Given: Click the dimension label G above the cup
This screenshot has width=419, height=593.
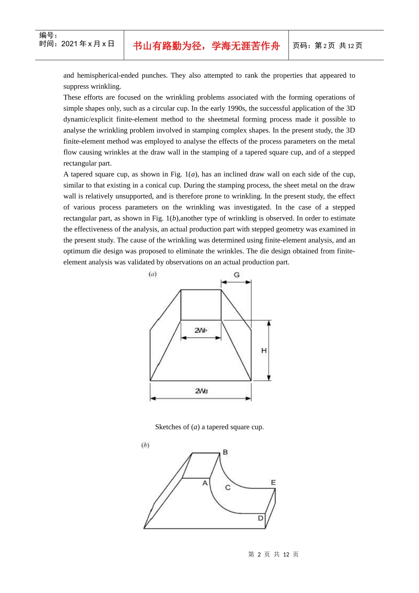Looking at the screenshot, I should (x=237, y=275).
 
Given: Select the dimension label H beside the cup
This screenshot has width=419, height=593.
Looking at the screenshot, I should (x=264, y=351).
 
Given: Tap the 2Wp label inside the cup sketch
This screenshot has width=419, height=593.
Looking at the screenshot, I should (x=201, y=330).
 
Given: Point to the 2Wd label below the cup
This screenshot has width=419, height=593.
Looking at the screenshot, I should (x=201, y=391).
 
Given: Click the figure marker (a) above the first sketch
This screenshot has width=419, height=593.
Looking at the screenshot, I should (x=153, y=274).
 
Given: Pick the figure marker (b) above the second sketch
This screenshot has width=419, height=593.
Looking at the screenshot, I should (x=145, y=445).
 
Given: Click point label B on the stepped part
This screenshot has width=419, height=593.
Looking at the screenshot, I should (x=225, y=452).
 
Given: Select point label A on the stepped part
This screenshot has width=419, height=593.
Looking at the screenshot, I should (x=205, y=483).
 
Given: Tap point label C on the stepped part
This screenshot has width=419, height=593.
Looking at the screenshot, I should (x=228, y=488).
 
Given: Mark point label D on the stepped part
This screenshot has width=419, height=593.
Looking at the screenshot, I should (x=260, y=518).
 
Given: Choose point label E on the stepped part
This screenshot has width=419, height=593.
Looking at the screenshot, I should (x=273, y=483).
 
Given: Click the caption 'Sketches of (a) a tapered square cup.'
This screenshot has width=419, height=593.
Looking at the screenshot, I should (x=209, y=427).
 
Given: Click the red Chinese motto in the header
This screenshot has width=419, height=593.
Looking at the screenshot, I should (x=206, y=46).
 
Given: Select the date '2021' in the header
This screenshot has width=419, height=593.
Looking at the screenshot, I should (x=69, y=44).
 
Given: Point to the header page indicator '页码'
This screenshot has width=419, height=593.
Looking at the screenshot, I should (x=302, y=46).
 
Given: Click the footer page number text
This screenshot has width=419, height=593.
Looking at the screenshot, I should (x=273, y=554).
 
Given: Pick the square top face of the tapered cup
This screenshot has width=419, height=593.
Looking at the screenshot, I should (x=201, y=305).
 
